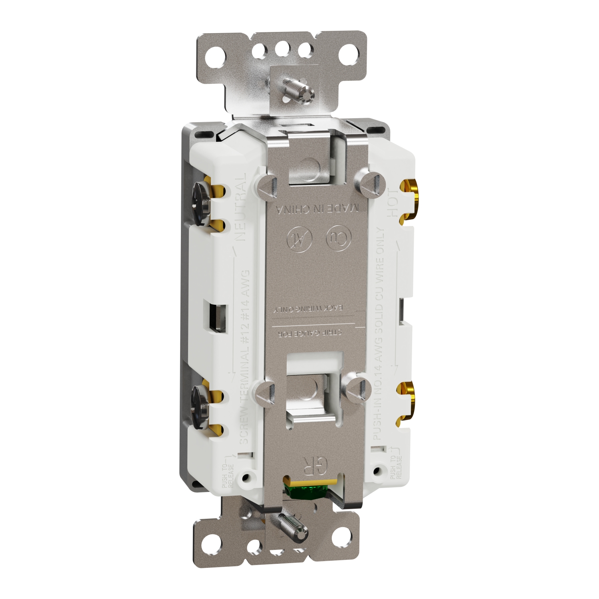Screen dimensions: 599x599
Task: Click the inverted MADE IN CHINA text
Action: (318, 208)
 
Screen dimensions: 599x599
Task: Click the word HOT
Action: (393, 203)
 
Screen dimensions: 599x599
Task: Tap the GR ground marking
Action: (316, 464)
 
